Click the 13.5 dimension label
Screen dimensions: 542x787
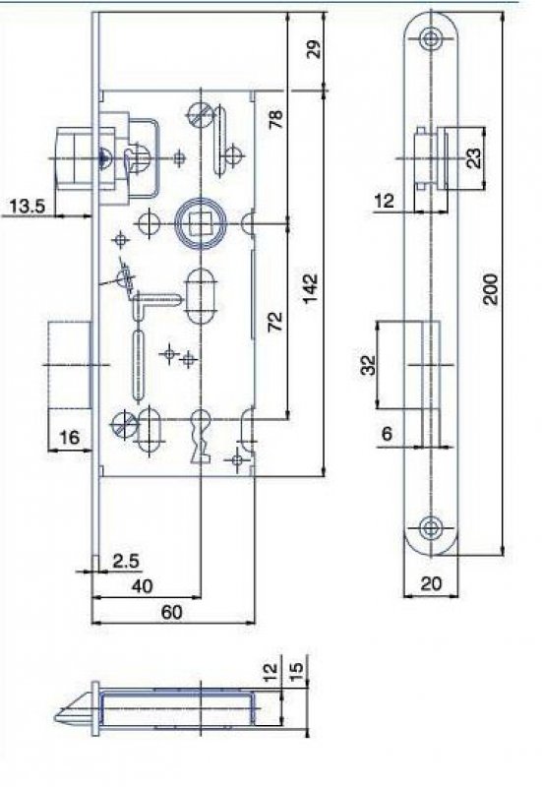click(28, 207)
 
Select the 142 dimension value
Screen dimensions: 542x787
click(311, 288)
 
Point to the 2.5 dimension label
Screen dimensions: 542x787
click(126, 561)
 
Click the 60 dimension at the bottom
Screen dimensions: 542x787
click(171, 612)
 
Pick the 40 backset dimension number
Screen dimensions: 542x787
click(142, 585)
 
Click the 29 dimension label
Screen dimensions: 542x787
click(315, 49)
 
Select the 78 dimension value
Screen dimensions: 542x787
click(276, 119)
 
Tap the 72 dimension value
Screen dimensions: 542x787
click(275, 322)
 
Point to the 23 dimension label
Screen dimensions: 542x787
click(474, 157)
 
